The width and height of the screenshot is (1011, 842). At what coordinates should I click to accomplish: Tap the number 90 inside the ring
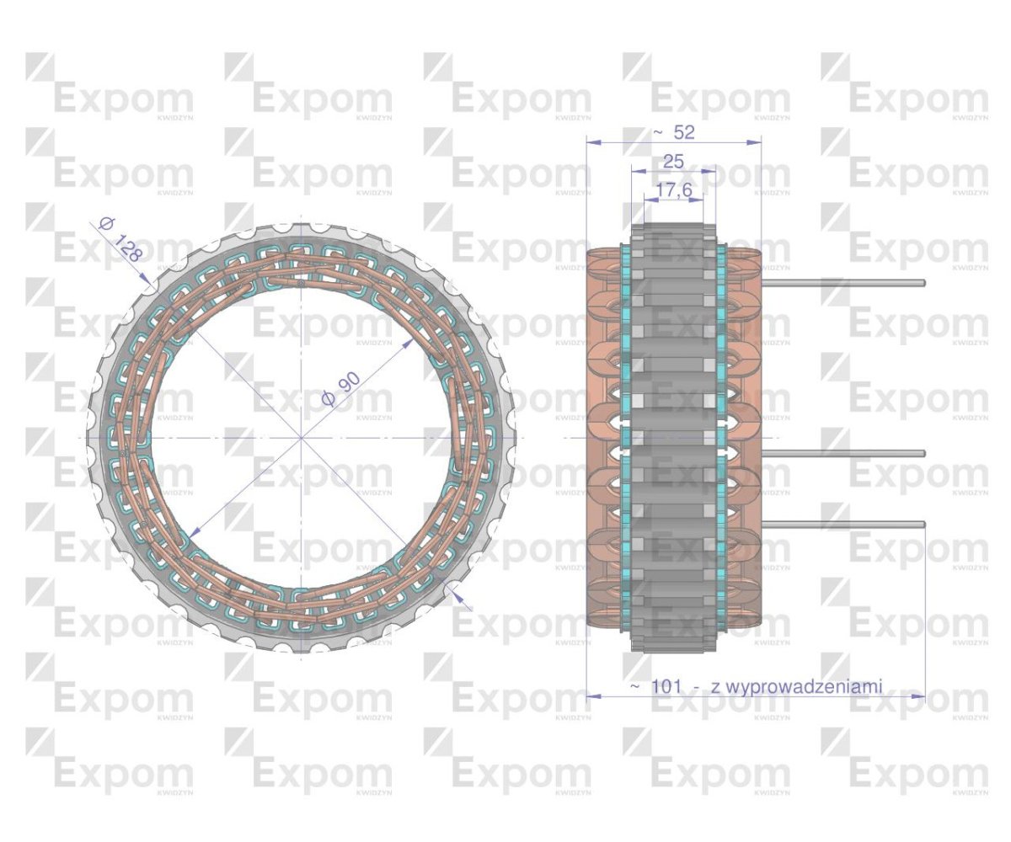point(348,383)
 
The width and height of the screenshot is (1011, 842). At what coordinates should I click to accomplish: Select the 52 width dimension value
point(682,133)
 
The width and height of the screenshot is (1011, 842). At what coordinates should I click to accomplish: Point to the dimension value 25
point(673,162)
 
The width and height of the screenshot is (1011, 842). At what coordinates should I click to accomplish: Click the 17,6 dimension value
point(673,191)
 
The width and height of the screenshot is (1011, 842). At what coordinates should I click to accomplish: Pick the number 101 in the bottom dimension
point(666,687)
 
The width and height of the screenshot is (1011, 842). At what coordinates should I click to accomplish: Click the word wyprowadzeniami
point(797,687)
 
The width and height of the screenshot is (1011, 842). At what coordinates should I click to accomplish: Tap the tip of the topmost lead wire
point(923,283)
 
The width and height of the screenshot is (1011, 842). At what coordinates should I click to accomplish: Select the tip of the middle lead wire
point(923,454)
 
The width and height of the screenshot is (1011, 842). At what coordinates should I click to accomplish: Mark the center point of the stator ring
point(301,439)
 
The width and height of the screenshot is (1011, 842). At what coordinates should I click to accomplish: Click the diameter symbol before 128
point(105,224)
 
